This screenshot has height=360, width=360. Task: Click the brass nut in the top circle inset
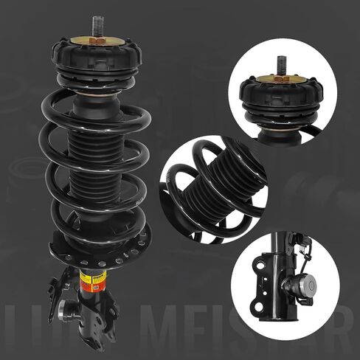[281, 77]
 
